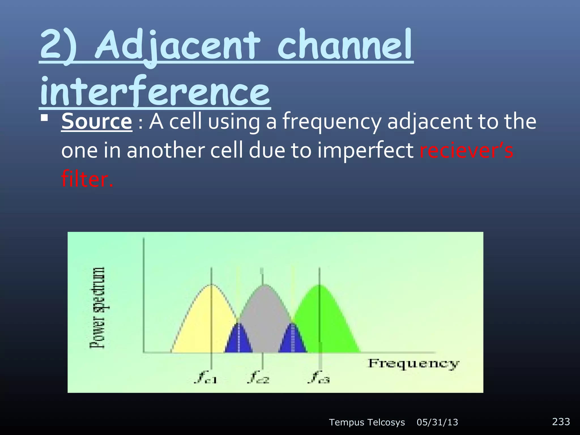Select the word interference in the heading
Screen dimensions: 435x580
click(154, 91)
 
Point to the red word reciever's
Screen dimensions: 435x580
click(466, 151)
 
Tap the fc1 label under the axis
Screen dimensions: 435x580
click(206, 377)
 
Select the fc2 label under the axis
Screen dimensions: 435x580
click(258, 377)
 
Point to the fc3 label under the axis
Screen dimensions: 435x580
click(319, 377)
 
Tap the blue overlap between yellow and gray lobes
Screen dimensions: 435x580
click(239, 340)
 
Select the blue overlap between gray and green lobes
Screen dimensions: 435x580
click(293, 340)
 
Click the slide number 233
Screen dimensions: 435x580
click(561, 421)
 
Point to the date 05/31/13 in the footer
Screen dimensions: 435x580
click(437, 422)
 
